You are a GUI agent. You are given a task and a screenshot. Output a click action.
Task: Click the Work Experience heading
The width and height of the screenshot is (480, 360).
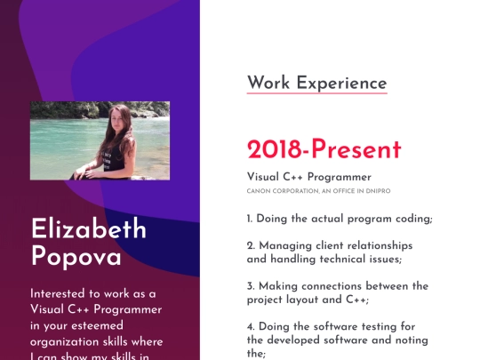[316, 83]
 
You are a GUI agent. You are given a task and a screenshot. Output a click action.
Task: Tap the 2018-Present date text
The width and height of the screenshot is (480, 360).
[324, 149]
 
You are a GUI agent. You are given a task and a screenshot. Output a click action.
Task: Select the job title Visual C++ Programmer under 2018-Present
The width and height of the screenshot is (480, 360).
[308, 177]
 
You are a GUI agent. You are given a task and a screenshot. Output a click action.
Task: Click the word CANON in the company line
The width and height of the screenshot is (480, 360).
[259, 191]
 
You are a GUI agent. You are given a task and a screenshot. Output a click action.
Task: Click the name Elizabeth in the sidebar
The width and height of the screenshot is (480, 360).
[89, 229]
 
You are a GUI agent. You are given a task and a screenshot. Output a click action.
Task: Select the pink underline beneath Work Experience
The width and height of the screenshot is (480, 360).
[316, 92]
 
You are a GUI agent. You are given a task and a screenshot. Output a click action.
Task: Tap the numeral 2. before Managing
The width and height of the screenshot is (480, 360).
[252, 245]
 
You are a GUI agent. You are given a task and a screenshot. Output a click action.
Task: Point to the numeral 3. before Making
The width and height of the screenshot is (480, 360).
[252, 286]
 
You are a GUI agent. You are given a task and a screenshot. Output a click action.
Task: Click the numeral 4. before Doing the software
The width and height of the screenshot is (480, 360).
[252, 326]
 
